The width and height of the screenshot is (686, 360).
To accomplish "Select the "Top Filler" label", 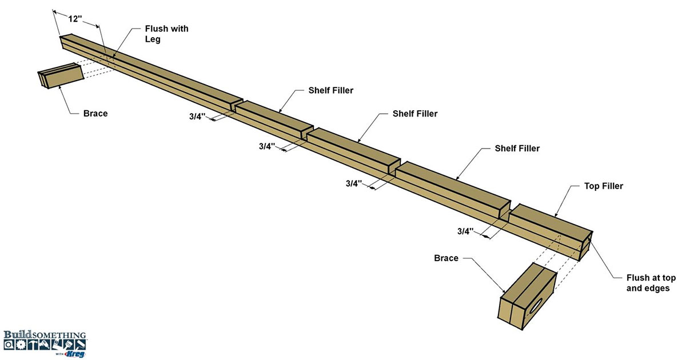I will [604, 186].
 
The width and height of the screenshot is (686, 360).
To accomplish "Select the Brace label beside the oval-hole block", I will [446, 258].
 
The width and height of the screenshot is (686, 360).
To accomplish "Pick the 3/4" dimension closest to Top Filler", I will [466, 231].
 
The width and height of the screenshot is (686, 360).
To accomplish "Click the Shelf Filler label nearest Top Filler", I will [517, 149].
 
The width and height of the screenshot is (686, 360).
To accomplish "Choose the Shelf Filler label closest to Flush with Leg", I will [331, 90].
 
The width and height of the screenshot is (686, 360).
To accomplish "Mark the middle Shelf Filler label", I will [415, 114].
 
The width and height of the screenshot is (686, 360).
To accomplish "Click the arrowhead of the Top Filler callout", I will [557, 215].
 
